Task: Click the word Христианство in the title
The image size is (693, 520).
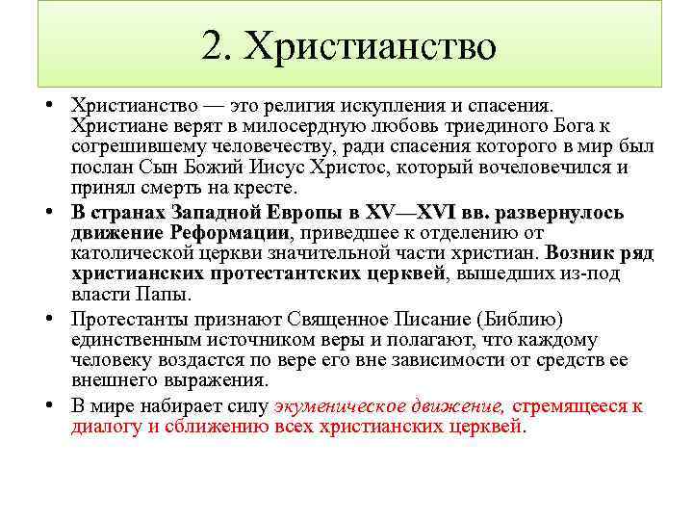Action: [x=371, y=47]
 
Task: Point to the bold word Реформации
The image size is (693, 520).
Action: [x=229, y=232]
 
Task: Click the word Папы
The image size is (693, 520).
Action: [x=167, y=295]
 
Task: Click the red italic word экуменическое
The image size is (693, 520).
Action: [x=346, y=404]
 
